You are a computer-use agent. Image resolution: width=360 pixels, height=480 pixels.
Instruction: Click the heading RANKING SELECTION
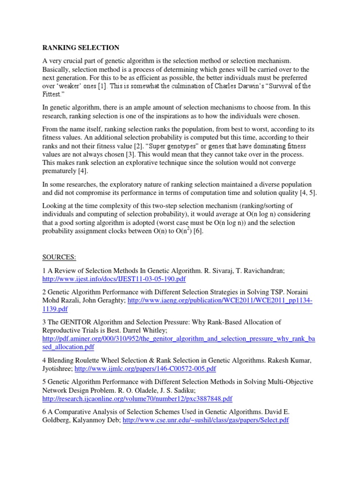81,48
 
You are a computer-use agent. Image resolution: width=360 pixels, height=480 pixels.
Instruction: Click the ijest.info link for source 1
114,279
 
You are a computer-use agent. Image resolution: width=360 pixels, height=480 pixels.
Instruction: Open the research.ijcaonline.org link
137,399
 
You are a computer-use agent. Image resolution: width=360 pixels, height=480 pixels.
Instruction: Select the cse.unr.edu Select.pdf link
206,420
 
